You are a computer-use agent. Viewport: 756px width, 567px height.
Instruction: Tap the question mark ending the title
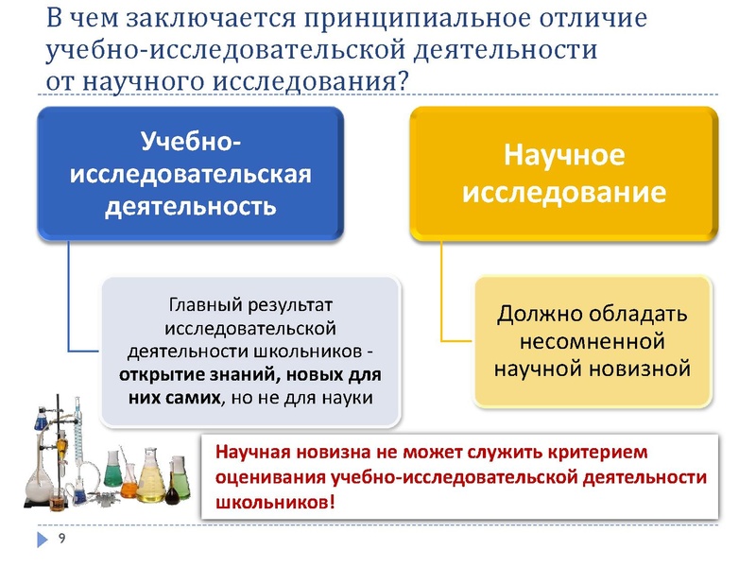click(404, 81)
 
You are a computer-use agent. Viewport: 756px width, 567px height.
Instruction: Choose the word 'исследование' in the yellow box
click(564, 192)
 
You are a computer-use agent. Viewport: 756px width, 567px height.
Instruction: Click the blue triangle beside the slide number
click(43, 540)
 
